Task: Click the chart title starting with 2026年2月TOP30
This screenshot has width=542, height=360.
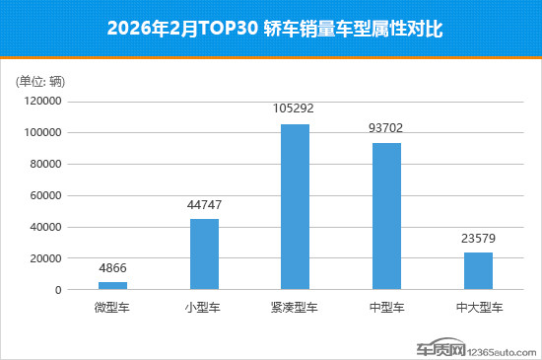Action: [x=271, y=30]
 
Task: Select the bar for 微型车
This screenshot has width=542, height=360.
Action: [x=112, y=286]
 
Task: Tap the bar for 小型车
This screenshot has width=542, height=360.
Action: [x=204, y=254]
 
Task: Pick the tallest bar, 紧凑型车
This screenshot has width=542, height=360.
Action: [x=295, y=207]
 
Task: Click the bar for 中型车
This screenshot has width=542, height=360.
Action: [x=386, y=216]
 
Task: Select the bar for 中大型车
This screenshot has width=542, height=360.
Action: [x=478, y=271]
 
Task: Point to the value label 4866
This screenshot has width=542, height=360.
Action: [x=112, y=268]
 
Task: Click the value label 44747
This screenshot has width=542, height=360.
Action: [x=204, y=205]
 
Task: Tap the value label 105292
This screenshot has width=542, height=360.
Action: [x=295, y=110]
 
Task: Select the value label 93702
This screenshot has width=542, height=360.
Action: [x=386, y=128]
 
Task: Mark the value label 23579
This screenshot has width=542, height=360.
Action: [x=478, y=239]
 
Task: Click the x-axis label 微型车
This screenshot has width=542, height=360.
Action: [x=112, y=308]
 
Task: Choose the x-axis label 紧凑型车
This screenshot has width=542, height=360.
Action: [x=295, y=308]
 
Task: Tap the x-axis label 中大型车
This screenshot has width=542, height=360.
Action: [x=478, y=308]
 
